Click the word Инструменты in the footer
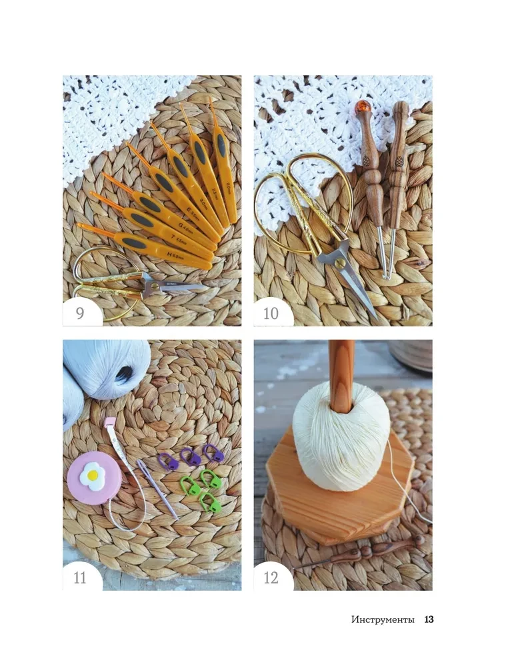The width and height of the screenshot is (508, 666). pyautogui.click(x=383, y=619)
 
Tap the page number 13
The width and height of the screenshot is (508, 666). pyautogui.click(x=429, y=619)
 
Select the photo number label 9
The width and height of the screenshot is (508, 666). pyautogui.click(x=80, y=313)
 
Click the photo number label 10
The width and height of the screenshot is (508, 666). pyautogui.click(x=271, y=313)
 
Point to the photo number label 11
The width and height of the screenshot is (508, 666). pyautogui.click(x=80, y=577)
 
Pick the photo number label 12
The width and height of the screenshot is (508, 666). pyautogui.click(x=271, y=577)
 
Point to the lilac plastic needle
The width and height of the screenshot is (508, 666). pyautogui.click(x=157, y=489)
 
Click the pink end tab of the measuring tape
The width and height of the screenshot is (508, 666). pyautogui.click(x=111, y=422)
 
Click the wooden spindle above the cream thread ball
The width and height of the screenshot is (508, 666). pyautogui.click(x=341, y=376)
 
